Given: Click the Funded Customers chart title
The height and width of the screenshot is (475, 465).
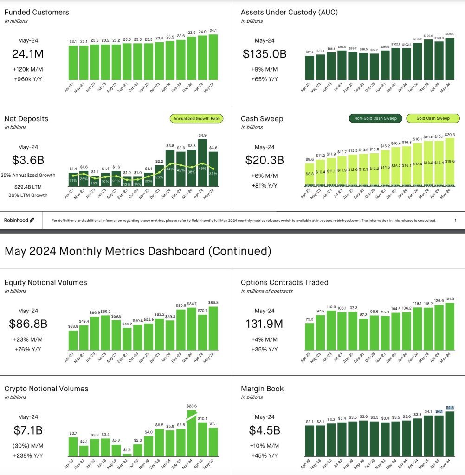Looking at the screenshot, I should (37, 12).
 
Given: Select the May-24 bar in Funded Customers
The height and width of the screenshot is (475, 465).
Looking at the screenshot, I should (213, 57).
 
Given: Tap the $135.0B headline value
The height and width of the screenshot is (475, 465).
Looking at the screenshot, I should (265, 54).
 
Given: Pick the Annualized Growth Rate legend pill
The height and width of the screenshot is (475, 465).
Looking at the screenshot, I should (197, 119).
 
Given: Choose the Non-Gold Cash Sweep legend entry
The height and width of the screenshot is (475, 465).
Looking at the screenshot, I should (375, 118).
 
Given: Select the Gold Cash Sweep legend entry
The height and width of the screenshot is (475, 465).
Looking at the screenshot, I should (433, 118).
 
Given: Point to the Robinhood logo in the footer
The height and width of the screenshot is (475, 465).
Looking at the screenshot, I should (19, 221).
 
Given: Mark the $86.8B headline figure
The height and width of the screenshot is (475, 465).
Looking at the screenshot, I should (28, 324).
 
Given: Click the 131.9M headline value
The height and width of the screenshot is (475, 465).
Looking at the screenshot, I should (264, 324).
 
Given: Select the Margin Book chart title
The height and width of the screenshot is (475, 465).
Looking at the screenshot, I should (262, 389).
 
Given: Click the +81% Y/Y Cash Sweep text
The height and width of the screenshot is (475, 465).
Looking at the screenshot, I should (264, 186).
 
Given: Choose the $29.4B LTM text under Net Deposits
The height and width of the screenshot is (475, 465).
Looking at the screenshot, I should (27, 186).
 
